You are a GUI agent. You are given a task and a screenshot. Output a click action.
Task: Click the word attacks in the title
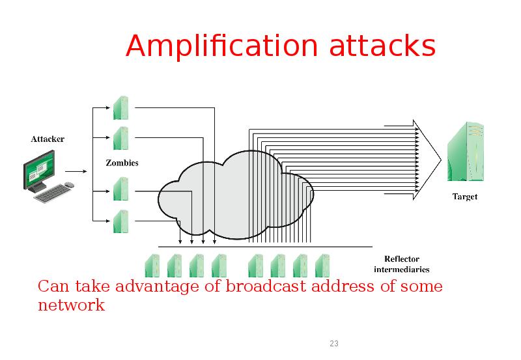coord(382,47)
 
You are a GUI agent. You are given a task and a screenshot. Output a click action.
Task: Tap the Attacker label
coord(48,138)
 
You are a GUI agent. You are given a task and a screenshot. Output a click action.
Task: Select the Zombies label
coord(122,162)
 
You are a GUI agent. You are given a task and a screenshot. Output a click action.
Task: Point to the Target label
coord(465,197)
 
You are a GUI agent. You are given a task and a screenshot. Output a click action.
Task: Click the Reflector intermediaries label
coord(401,264)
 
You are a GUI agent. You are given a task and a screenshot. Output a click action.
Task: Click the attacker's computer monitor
coord(40,168)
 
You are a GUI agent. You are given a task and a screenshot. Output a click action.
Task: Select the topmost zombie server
coord(120,107)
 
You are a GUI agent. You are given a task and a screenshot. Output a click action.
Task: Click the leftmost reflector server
coord(152,266)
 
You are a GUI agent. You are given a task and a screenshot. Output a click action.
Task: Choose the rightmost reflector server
coord(322,266)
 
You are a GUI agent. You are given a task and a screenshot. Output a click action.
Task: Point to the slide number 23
coord(334,344)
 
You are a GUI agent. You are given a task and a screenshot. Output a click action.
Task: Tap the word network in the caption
coord(71,305)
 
